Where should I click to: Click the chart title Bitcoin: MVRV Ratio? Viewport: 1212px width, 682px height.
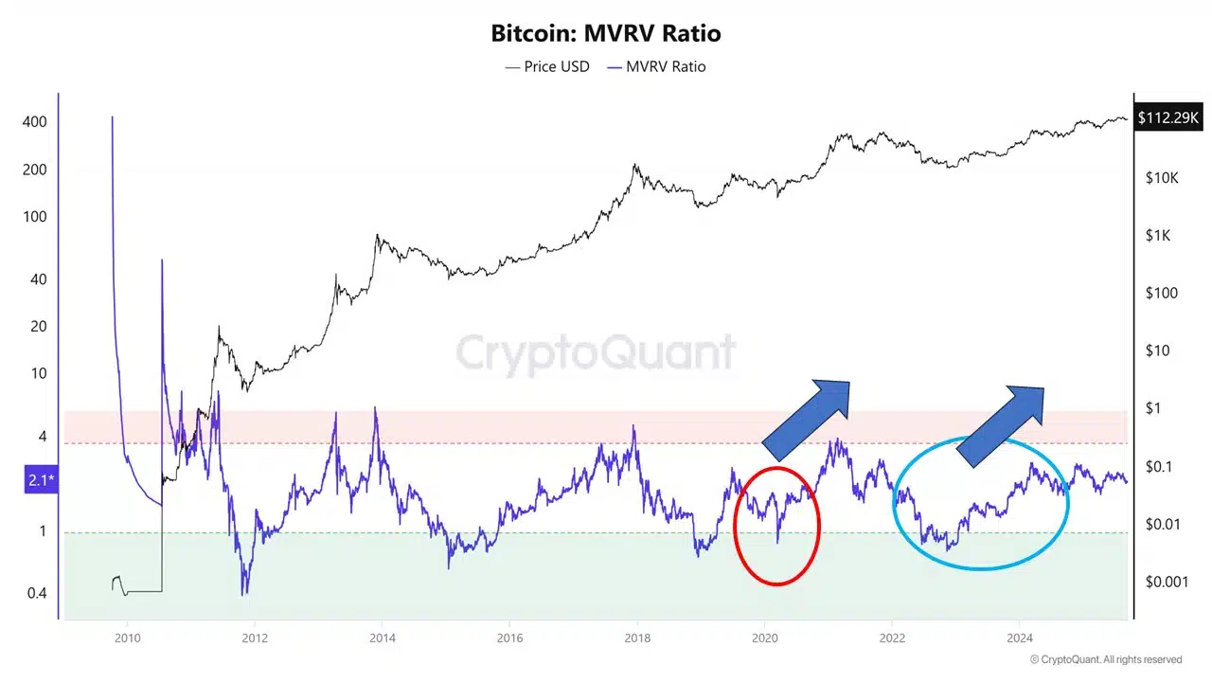606,33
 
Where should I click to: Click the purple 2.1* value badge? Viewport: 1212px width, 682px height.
41,481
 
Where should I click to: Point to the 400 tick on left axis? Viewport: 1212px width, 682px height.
35,122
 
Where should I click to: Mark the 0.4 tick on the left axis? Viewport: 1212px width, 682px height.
35,593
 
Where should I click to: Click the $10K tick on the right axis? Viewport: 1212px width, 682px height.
1161,178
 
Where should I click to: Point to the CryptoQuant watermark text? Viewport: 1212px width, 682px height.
596,354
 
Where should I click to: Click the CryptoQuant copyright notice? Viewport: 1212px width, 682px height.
1106,659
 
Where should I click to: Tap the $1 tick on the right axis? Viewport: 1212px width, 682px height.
1154,408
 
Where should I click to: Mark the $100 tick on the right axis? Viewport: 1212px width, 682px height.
1161,293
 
